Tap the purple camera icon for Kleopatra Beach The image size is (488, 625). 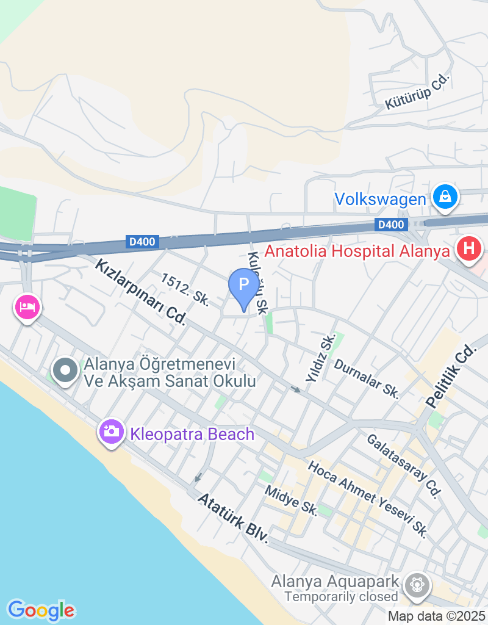point(112,432)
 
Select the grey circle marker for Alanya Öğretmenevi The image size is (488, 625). point(65,370)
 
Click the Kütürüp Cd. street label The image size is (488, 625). point(417,92)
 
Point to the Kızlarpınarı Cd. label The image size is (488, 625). point(140,292)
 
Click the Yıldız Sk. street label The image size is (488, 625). point(320,358)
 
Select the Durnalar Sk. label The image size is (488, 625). point(366,378)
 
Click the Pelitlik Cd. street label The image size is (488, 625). point(451,377)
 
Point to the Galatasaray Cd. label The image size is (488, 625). point(403,466)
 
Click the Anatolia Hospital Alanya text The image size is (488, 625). point(361,251)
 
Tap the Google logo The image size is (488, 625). point(41,610)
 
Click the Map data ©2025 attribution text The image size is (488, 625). point(436,616)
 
